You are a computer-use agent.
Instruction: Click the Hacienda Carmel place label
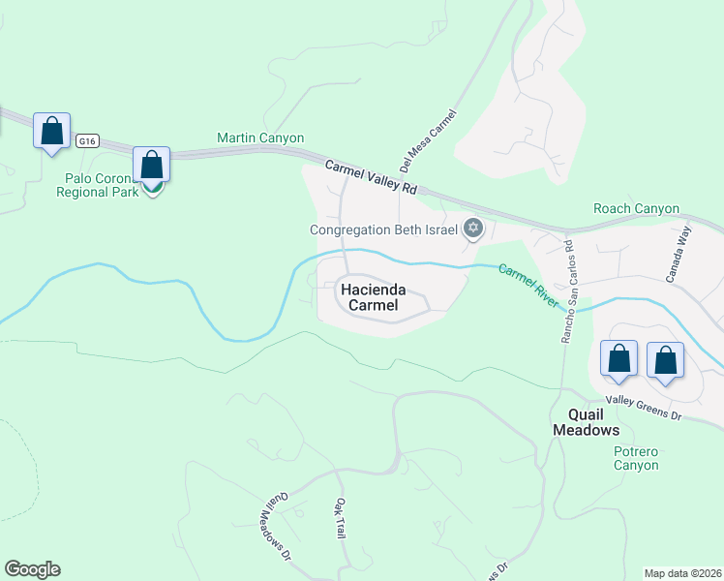(x=382, y=297)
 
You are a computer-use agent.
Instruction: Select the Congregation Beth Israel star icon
(x=472, y=229)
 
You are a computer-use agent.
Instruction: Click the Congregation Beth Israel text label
(x=383, y=229)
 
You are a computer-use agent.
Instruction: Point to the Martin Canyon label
(x=260, y=138)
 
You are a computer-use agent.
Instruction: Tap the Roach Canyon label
(x=636, y=209)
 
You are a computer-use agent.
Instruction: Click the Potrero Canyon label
(x=636, y=458)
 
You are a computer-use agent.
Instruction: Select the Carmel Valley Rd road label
(x=371, y=178)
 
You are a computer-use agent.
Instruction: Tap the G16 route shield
(x=88, y=140)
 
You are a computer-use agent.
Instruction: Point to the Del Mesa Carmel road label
(x=427, y=141)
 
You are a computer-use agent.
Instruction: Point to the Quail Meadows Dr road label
(x=277, y=526)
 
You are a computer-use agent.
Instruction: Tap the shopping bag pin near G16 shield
(x=51, y=131)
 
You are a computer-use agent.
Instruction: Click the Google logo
(x=32, y=569)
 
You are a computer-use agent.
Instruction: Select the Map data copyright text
(x=681, y=573)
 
